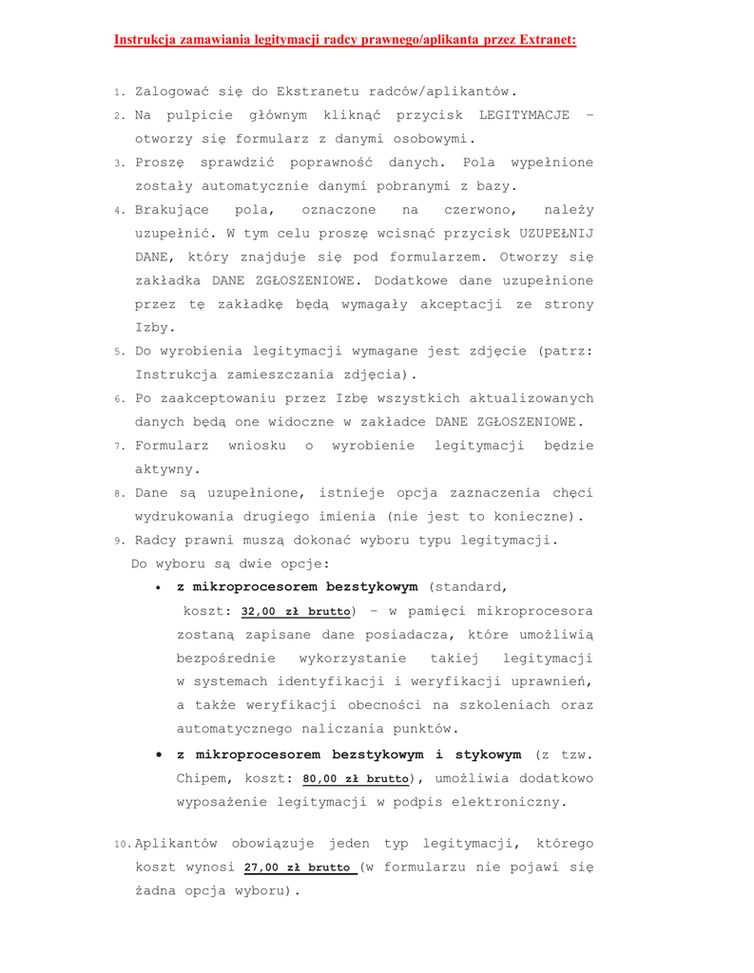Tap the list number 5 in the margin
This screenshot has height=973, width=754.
tap(119, 352)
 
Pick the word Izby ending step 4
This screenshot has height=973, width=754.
tap(152, 328)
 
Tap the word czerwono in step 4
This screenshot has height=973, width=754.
tap(474, 209)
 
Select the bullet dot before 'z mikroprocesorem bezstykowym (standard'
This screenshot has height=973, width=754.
tap(161, 587)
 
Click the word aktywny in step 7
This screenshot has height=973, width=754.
tap(166, 468)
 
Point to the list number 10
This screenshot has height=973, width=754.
tap(122, 845)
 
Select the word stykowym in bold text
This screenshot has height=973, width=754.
tap(474, 754)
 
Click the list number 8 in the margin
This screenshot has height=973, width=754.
tap(119, 494)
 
